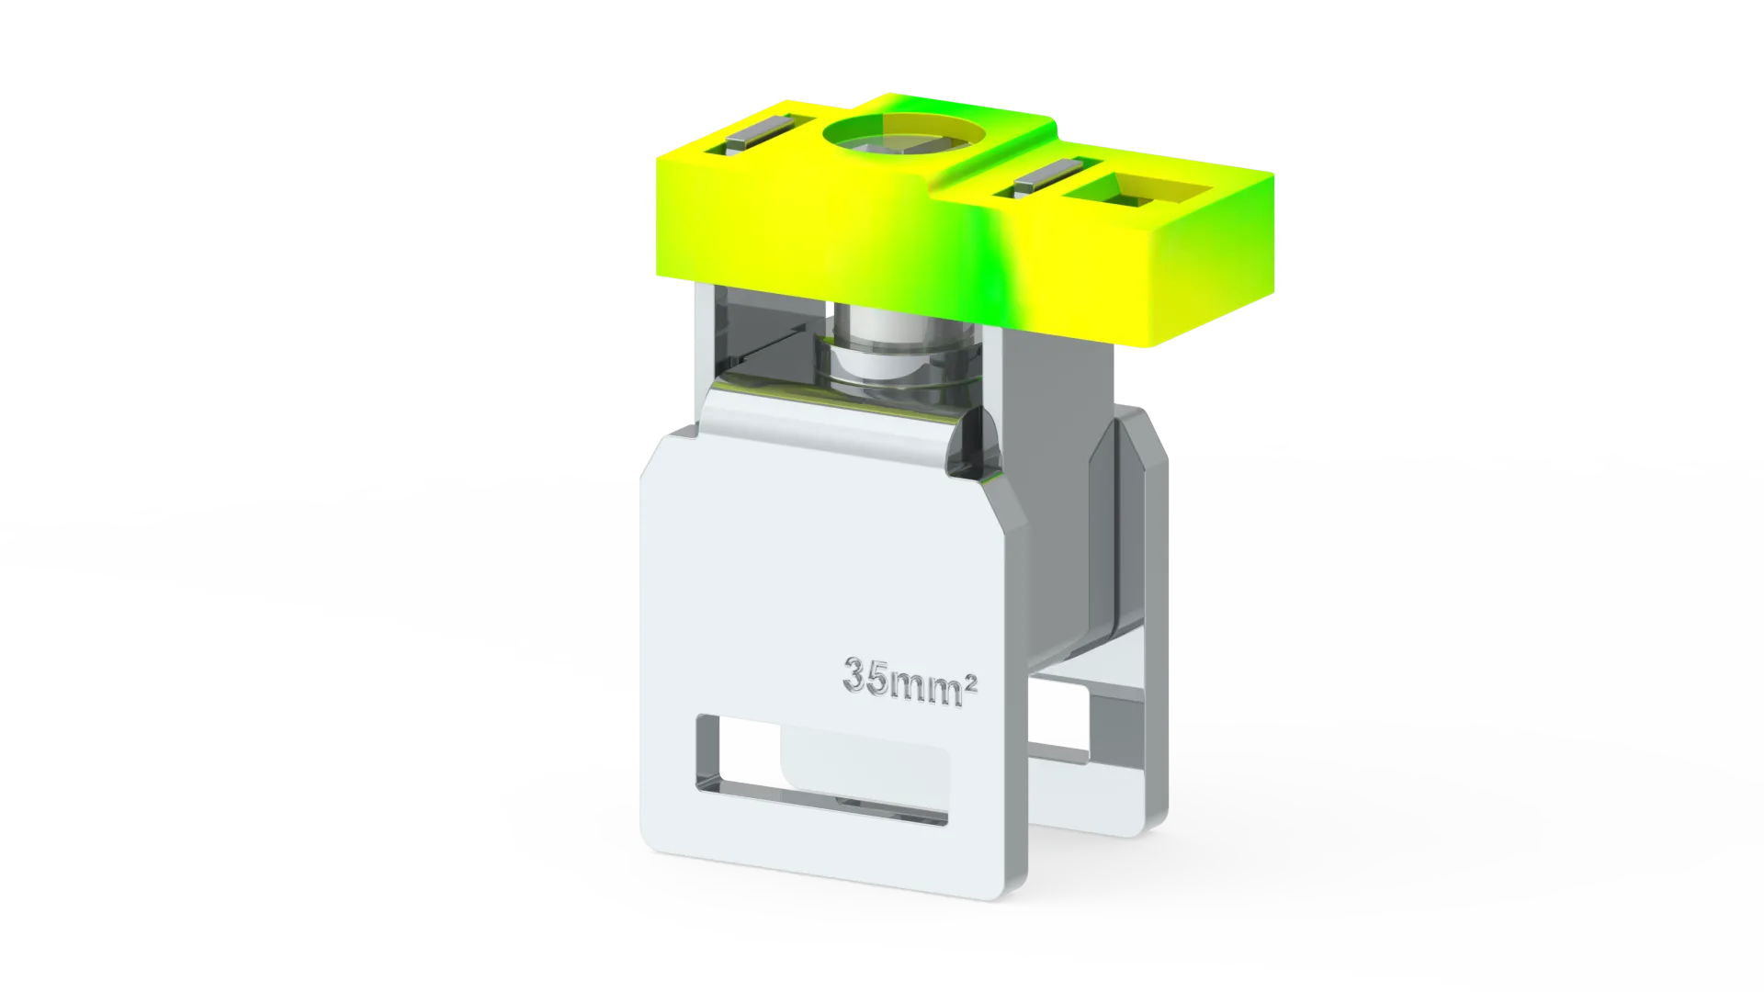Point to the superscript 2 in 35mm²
971,683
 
